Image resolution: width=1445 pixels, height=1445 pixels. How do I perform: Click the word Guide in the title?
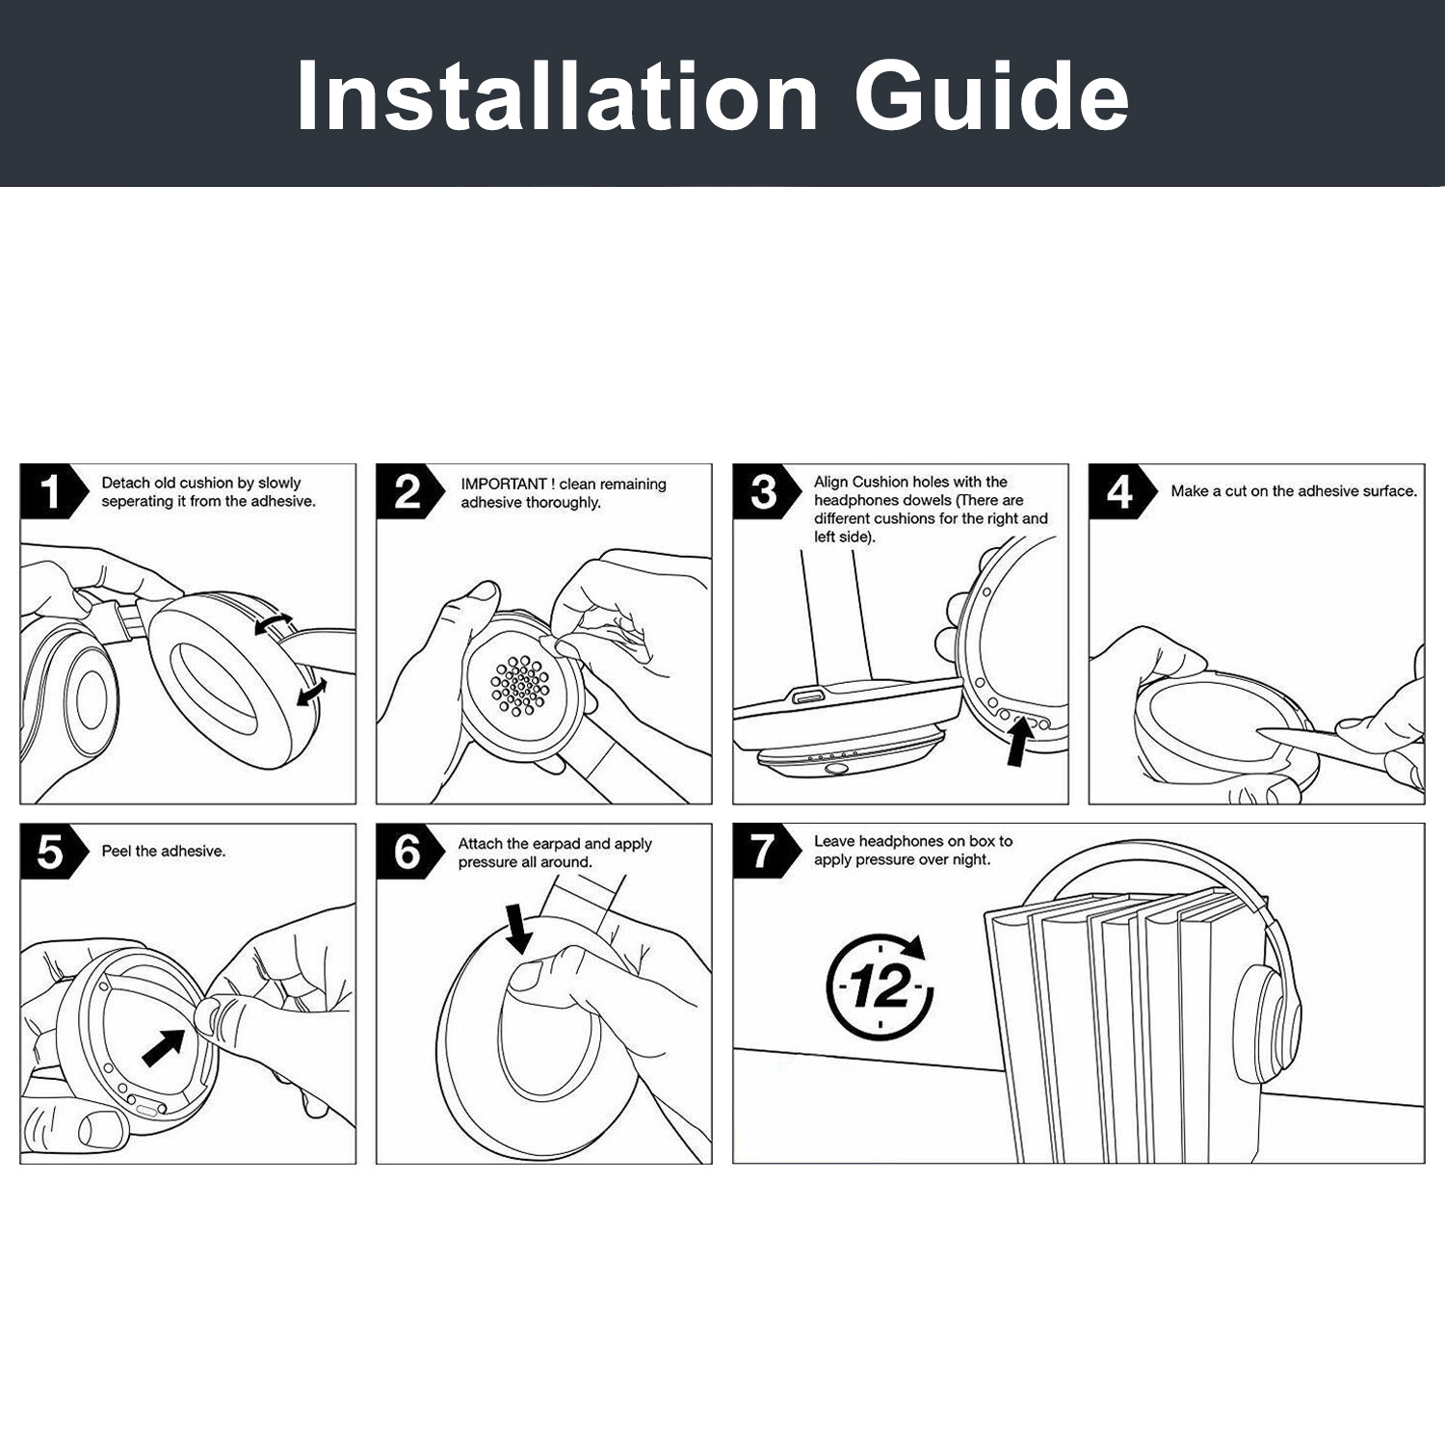click(991, 96)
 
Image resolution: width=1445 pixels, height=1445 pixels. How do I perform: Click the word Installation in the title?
click(557, 96)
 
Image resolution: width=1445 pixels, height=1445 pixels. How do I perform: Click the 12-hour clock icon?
click(880, 985)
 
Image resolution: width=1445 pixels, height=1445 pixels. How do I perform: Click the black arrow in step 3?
click(1019, 743)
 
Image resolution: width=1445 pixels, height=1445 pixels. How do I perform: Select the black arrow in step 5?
click(164, 1047)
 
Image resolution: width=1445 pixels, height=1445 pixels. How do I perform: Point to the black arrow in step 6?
click(518, 927)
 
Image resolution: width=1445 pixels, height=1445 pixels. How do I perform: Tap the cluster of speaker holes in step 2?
click(520, 686)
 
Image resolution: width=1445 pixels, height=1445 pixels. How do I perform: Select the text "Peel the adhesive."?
click(164, 852)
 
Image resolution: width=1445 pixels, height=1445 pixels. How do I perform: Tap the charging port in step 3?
click(808, 696)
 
